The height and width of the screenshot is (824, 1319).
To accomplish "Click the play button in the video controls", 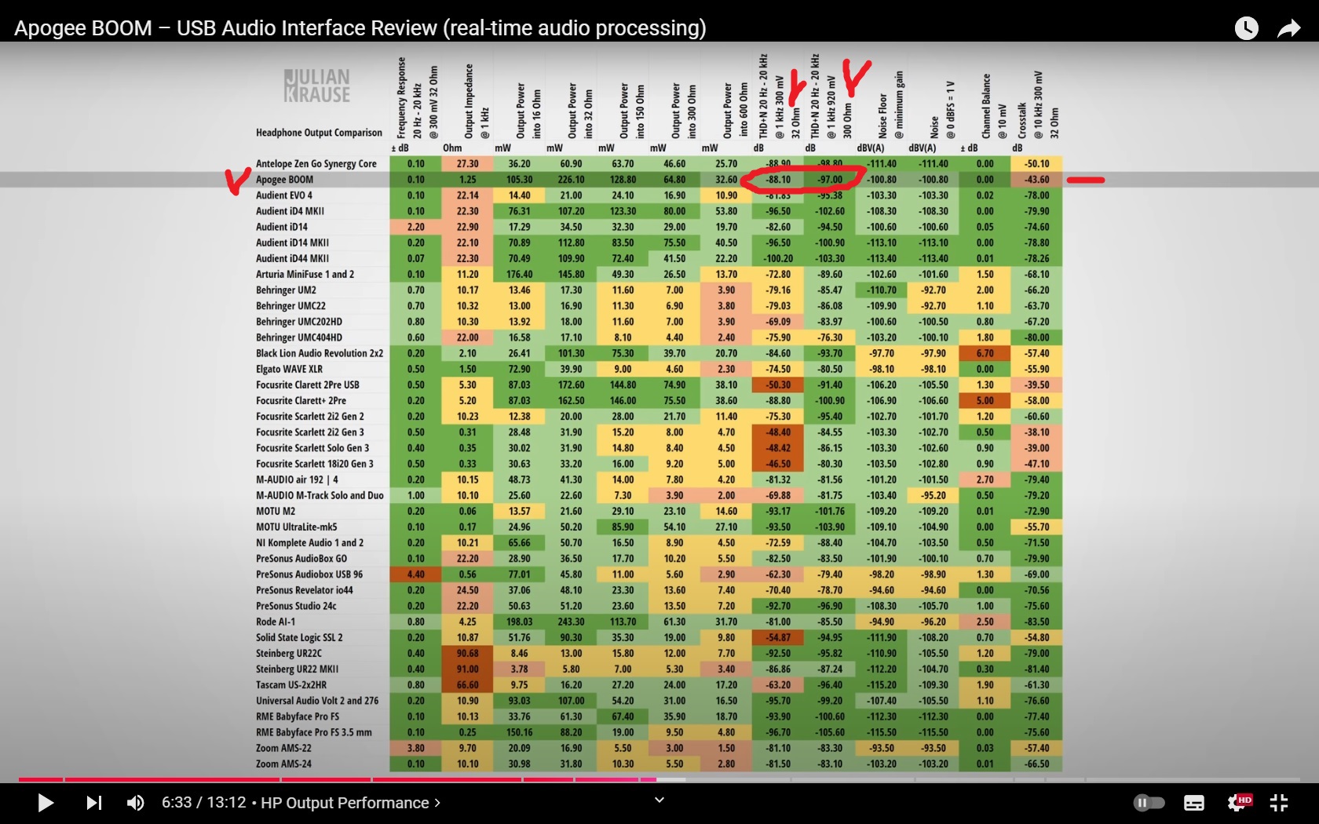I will click(46, 803).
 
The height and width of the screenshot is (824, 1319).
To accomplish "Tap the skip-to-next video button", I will click(94, 803).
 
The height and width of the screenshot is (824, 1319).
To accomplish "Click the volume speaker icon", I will click(136, 803).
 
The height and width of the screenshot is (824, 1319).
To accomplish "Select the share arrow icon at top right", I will click(1288, 29).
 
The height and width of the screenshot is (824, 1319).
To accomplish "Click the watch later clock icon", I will click(1246, 29).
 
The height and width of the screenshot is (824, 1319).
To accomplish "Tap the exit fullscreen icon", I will click(1279, 803).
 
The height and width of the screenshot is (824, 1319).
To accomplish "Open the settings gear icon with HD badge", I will click(1238, 803).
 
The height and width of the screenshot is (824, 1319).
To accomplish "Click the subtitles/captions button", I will click(1194, 803).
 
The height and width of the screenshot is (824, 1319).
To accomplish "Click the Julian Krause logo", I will click(317, 86).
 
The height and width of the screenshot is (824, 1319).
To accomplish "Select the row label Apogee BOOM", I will click(284, 180).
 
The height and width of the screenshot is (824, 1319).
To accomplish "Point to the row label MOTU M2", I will click(276, 511).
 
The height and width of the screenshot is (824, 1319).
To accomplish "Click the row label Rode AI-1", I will click(276, 622).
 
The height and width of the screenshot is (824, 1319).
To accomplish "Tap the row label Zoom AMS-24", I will click(283, 764).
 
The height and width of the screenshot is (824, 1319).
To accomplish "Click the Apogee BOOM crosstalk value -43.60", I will click(1036, 180).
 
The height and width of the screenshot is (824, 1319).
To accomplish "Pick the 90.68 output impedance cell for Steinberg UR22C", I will click(467, 653).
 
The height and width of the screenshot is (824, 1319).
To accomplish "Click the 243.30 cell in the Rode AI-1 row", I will click(571, 622).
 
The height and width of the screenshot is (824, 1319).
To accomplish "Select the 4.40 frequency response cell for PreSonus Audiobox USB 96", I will click(415, 574).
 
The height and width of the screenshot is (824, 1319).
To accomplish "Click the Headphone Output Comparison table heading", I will click(319, 133).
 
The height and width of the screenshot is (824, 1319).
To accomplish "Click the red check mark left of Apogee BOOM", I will click(238, 180).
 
